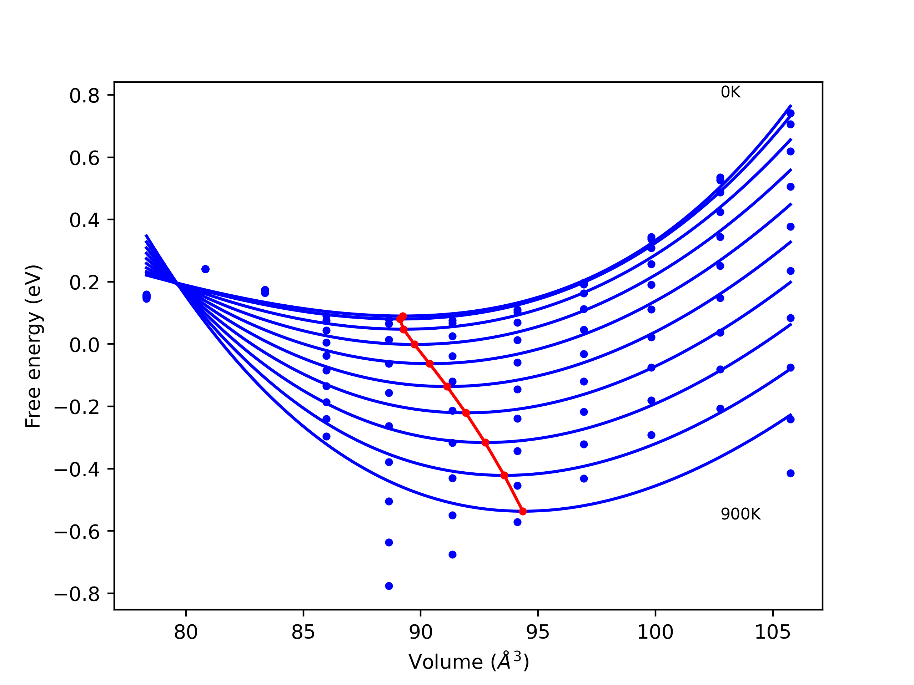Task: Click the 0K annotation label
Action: [730, 92]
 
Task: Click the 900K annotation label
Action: [740, 514]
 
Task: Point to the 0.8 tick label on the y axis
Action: [84, 96]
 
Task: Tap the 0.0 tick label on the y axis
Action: [84, 345]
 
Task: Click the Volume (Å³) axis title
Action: [468, 662]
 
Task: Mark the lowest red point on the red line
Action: [523, 512]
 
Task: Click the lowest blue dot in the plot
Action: [389, 586]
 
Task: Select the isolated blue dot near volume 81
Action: [205, 269]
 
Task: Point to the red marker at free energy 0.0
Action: [415, 344]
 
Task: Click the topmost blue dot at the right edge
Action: [790, 113]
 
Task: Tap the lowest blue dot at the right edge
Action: [790, 473]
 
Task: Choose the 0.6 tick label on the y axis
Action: [84, 158]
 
